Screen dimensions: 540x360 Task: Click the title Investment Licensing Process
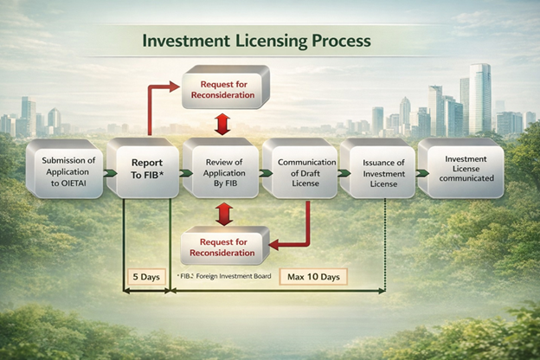256,41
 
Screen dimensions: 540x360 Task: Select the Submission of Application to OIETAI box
65,169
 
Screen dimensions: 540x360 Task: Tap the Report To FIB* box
143,168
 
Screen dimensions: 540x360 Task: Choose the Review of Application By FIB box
221,168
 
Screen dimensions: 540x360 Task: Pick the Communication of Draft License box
300,168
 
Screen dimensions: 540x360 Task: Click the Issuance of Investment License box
378,168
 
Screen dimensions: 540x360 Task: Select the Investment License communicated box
461,168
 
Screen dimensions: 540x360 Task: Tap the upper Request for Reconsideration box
226,87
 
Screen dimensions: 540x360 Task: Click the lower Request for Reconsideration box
224,246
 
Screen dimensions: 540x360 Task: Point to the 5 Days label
146,277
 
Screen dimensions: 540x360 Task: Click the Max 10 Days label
313,277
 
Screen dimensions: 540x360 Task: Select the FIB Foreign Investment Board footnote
224,276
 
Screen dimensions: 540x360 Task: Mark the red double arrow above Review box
222,124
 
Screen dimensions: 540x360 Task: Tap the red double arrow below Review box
224,215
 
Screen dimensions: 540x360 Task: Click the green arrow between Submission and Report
110,172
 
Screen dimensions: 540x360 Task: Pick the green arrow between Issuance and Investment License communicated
422,173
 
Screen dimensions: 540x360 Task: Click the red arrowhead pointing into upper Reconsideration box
175,87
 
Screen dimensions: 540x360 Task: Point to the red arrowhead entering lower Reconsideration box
274,245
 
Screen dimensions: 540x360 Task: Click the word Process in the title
341,41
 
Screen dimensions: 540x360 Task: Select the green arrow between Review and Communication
266,172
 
